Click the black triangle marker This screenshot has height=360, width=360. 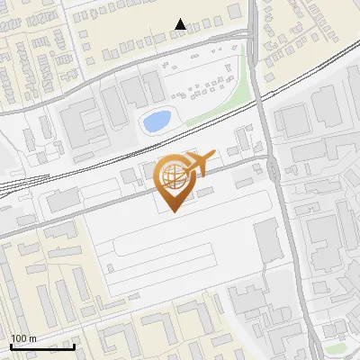pyautogui.click(x=181, y=24)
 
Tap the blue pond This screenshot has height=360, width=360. pyautogui.click(x=155, y=120)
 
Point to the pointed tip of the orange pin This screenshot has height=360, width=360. pyautogui.click(x=174, y=211)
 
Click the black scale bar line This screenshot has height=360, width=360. pyautogui.click(x=42, y=346)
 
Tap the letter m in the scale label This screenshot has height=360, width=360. pyautogui.click(x=33, y=337)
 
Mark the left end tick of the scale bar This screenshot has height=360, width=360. pyautogui.click(x=10, y=344)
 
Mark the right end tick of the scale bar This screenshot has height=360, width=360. pyautogui.click(x=75, y=344)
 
